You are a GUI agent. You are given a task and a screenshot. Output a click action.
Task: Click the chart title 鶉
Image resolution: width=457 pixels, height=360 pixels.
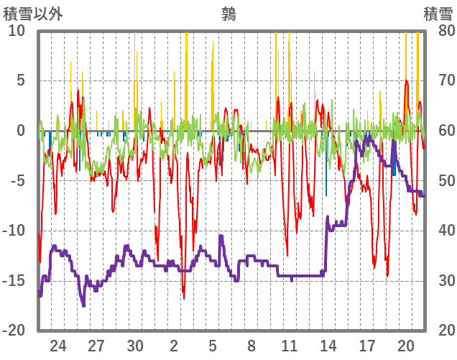point(228,12)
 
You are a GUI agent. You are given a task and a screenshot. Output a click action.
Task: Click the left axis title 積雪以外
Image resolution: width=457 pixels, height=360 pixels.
point(34,12)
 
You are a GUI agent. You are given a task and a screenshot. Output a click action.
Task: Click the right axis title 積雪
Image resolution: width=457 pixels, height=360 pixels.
point(438,12)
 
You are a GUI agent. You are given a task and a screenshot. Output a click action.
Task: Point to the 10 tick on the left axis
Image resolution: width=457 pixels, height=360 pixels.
point(17,31)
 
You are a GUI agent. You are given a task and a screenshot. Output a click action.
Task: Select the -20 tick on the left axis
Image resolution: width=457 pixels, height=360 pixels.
point(14,331)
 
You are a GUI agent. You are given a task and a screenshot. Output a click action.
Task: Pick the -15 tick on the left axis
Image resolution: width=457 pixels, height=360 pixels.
point(14,280)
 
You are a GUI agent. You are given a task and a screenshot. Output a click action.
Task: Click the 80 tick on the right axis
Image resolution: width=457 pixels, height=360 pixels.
point(439,31)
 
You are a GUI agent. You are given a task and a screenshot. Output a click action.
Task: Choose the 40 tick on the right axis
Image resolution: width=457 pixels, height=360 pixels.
point(439,231)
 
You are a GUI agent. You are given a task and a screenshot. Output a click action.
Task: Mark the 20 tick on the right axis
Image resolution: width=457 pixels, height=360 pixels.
point(439,331)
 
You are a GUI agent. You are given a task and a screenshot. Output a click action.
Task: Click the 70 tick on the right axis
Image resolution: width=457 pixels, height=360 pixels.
point(439,80)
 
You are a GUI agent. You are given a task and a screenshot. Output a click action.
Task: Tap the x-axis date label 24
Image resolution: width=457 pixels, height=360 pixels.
point(58,346)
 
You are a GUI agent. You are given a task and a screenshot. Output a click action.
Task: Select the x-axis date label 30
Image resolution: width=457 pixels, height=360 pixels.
point(135,346)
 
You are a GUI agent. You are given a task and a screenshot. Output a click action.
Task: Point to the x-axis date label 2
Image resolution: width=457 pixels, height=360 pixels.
point(174,346)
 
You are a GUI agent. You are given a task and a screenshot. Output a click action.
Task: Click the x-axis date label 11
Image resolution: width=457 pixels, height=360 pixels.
point(290,346)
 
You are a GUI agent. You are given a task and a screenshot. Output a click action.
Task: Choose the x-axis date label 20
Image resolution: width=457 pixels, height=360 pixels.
point(406,346)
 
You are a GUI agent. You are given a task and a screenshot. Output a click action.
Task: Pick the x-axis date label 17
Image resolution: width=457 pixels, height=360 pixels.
point(367,346)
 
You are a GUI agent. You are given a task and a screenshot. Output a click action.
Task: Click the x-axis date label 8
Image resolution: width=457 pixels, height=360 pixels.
point(251,346)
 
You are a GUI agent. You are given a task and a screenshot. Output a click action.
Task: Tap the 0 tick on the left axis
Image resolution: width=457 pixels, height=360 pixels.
point(20,131)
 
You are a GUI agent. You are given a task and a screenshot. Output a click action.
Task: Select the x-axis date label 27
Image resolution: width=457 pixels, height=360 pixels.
point(96,346)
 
